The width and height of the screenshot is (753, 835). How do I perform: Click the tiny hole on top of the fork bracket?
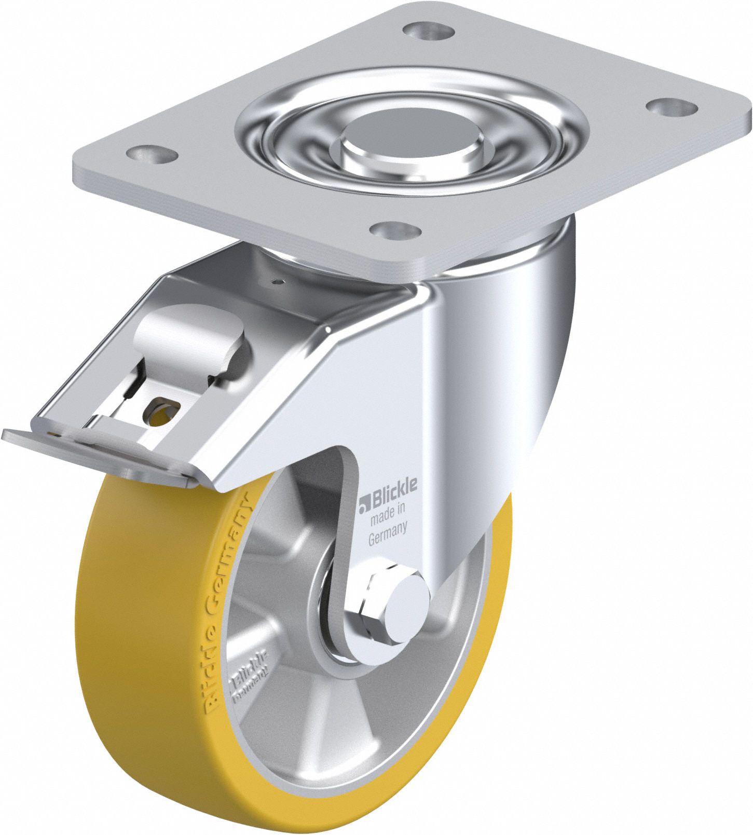pos(279,282)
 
